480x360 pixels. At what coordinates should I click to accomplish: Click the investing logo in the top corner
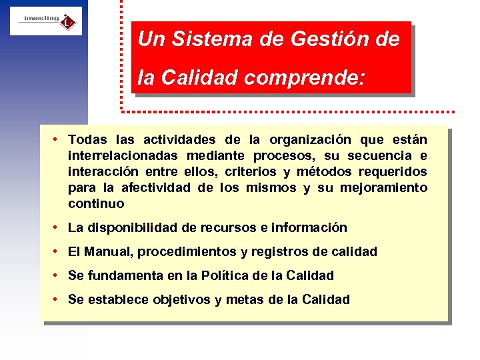click(x=45, y=21)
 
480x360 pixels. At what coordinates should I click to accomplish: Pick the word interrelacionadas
click(x=123, y=156)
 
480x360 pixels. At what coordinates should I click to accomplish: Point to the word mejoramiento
click(x=383, y=188)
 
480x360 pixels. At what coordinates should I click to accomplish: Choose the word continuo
click(x=96, y=204)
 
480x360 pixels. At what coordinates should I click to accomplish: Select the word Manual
click(x=109, y=252)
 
